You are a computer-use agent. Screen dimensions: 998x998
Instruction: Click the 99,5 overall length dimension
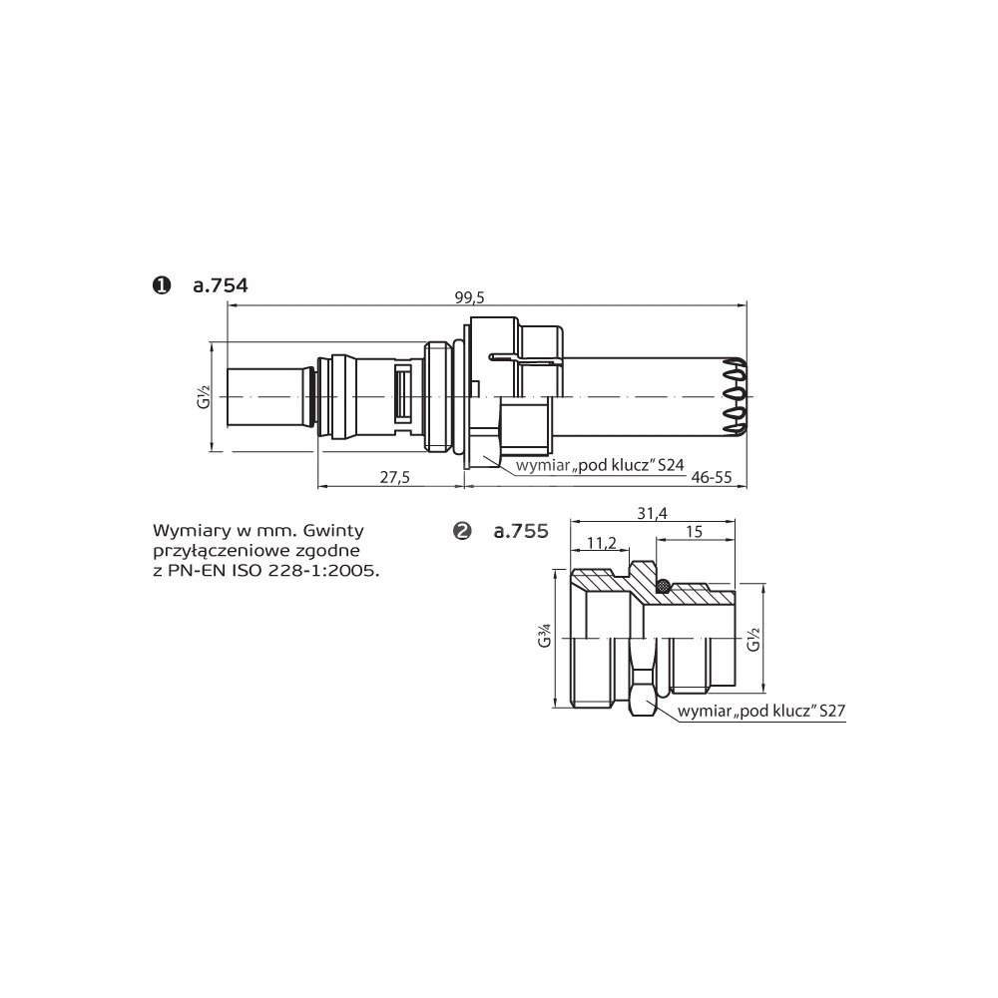(x=470, y=297)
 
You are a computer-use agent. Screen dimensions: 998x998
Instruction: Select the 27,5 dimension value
(x=394, y=477)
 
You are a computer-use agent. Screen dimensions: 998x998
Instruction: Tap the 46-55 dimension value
(x=712, y=477)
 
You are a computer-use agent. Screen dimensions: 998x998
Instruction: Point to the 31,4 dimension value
(x=653, y=513)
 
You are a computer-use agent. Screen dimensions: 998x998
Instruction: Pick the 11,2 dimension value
(x=602, y=543)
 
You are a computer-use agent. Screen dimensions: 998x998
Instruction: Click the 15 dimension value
(x=695, y=532)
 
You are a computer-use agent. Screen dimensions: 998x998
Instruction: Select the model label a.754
(x=221, y=285)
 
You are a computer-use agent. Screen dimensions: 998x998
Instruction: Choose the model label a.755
(x=521, y=532)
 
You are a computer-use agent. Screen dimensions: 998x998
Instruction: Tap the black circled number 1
(x=163, y=285)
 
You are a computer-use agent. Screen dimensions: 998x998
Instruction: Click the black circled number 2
(x=462, y=532)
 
